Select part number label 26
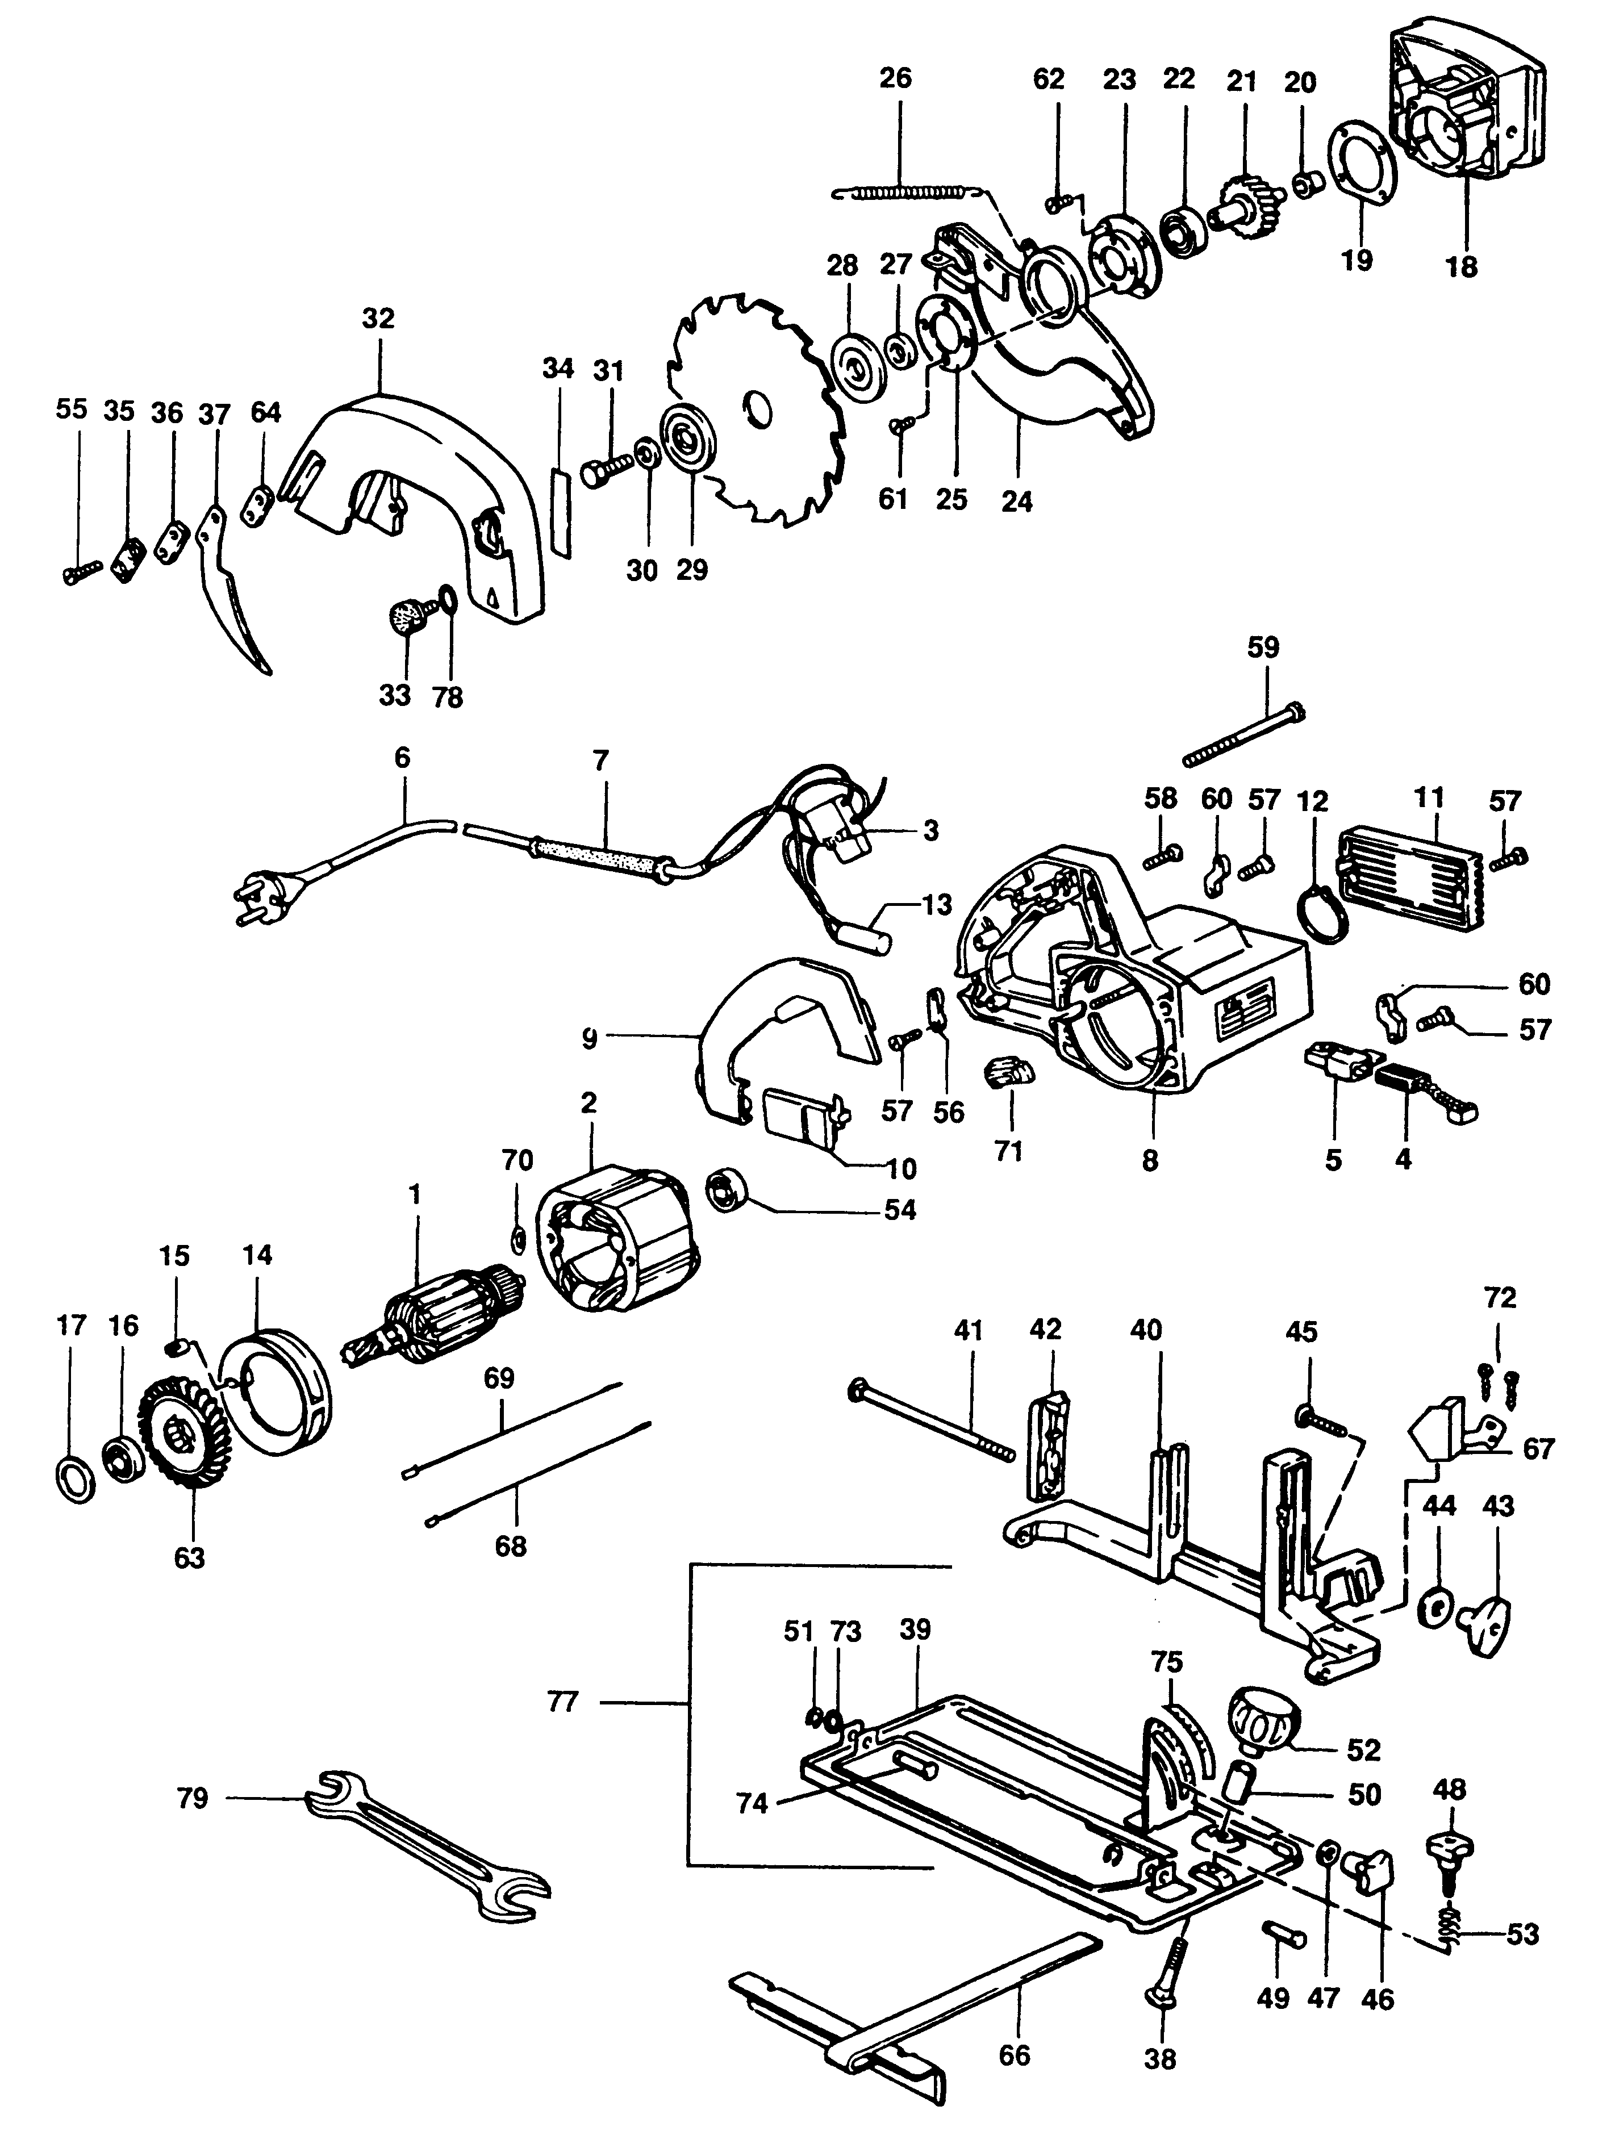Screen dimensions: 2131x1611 pos(895,78)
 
